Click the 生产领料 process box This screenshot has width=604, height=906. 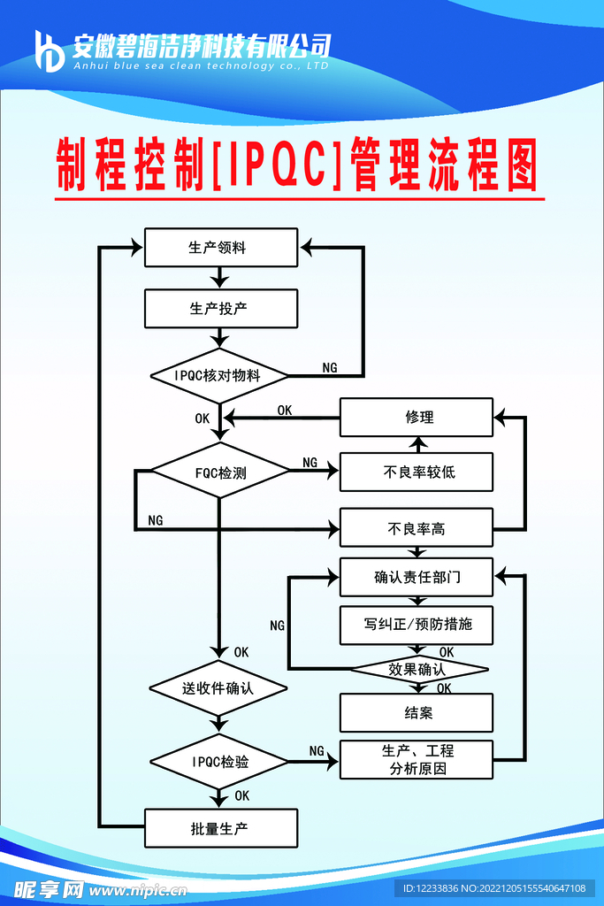tap(220, 248)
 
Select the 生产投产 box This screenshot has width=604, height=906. tap(220, 309)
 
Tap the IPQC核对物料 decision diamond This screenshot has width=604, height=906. tap(219, 375)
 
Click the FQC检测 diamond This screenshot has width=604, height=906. tap(220, 472)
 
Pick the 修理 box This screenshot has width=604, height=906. tap(417, 418)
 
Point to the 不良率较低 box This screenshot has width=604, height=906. tap(417, 472)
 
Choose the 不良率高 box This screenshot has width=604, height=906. tap(417, 529)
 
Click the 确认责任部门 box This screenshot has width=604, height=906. tap(417, 579)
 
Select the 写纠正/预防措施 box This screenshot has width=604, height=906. tap(417, 625)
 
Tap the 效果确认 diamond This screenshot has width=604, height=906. tap(418, 669)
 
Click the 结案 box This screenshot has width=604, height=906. tap(417, 713)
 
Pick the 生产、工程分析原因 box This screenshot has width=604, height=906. tap(417, 759)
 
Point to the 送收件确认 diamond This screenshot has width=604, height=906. tap(218, 687)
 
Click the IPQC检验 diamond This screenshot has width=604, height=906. tap(219, 761)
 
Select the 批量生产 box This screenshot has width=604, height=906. tap(220, 829)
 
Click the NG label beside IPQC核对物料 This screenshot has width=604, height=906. tap(329, 367)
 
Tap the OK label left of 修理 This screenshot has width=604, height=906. tap(285, 410)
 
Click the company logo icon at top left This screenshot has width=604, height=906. tap(49, 50)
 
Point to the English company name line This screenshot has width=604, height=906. tap(201, 65)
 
